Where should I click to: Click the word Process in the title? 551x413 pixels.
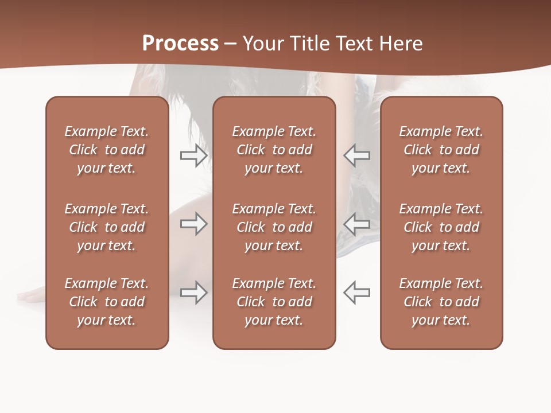point(180,44)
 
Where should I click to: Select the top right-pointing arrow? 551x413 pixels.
point(193,155)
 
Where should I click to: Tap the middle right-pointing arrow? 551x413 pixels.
point(193,224)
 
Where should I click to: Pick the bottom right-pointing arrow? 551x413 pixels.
point(193,293)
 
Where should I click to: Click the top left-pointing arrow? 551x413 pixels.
point(357,155)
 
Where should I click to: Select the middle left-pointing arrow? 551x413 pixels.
point(357,224)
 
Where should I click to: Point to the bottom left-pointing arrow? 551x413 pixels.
point(357,293)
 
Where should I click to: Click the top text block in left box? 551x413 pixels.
point(107,150)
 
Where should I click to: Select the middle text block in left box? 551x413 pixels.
point(107,227)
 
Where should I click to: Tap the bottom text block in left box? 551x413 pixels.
point(107,302)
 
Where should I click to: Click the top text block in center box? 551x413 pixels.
point(274,150)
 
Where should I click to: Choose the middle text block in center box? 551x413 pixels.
point(274,227)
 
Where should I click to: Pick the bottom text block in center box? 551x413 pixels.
point(274,302)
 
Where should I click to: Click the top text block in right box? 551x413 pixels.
point(441,150)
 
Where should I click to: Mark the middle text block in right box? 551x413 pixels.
point(441,227)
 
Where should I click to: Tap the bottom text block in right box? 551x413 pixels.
point(441,302)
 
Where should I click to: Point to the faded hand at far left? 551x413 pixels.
point(32,295)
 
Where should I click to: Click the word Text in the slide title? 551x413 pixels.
point(355,44)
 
